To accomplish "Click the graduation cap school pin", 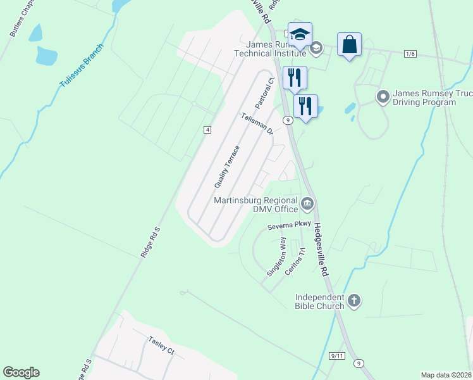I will (300, 35).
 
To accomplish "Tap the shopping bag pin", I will (349, 45).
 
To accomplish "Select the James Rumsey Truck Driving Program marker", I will (382, 97).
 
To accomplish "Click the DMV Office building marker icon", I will (307, 203).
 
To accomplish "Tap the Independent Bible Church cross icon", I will (353, 301).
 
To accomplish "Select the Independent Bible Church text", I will (319, 301).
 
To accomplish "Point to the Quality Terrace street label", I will (227, 167).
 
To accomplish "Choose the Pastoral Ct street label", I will (263, 92).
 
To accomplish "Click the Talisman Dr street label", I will (257, 123).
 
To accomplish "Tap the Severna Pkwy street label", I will (289, 225).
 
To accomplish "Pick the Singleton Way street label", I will (276, 256).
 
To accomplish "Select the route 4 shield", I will (207, 130).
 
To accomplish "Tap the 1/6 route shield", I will (410, 54).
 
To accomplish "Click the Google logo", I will (21, 372).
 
